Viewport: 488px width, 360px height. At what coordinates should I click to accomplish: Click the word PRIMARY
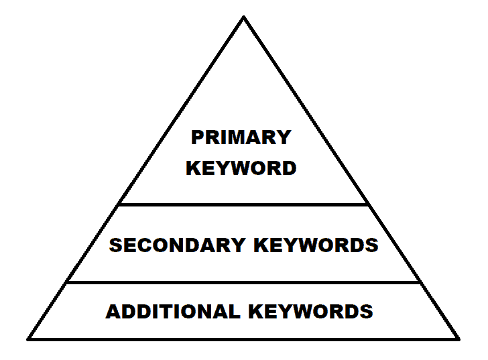[x=241, y=137]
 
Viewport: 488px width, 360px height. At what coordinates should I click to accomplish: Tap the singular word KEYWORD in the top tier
[x=241, y=168]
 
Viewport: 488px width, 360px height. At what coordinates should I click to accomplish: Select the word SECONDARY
[x=178, y=245]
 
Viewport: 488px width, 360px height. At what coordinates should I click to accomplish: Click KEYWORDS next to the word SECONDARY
[x=316, y=245]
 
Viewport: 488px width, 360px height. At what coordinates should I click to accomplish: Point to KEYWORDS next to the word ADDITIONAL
[x=310, y=312]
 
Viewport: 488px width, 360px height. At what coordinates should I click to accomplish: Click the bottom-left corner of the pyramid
[x=28, y=338]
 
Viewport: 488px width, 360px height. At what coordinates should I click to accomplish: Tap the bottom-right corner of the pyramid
[x=459, y=338]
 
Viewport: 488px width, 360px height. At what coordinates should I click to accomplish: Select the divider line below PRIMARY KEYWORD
[x=244, y=204]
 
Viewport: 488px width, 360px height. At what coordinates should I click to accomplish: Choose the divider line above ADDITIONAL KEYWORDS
[x=244, y=282]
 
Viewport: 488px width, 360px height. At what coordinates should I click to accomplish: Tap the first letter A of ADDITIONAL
[x=113, y=312]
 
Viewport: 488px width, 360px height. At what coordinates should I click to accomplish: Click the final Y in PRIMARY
[x=284, y=137]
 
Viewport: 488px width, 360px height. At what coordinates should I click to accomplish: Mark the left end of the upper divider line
[x=119, y=204]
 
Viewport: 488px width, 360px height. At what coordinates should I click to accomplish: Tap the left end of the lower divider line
[x=67, y=282]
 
